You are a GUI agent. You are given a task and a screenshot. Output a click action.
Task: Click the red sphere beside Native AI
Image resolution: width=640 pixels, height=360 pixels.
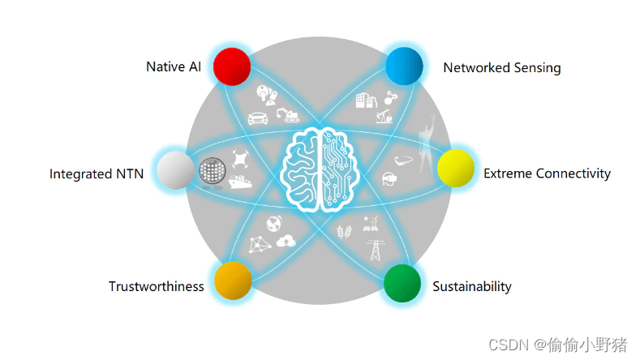(231, 66)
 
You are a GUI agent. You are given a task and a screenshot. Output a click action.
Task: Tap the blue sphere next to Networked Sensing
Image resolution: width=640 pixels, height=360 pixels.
(403, 66)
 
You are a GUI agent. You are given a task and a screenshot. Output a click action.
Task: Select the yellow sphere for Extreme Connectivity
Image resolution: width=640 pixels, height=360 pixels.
(455, 169)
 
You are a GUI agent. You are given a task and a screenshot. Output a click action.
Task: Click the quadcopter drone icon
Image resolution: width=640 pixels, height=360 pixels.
(240, 155)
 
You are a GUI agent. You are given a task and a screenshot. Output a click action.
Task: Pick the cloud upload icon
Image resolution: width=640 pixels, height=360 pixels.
(286, 241)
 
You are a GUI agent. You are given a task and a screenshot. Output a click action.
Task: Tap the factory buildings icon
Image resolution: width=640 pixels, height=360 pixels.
(367, 101)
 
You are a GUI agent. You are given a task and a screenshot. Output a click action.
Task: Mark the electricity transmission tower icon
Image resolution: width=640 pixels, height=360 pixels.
(375, 249)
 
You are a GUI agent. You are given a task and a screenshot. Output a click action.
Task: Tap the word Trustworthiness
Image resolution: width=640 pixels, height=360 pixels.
(156, 287)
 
